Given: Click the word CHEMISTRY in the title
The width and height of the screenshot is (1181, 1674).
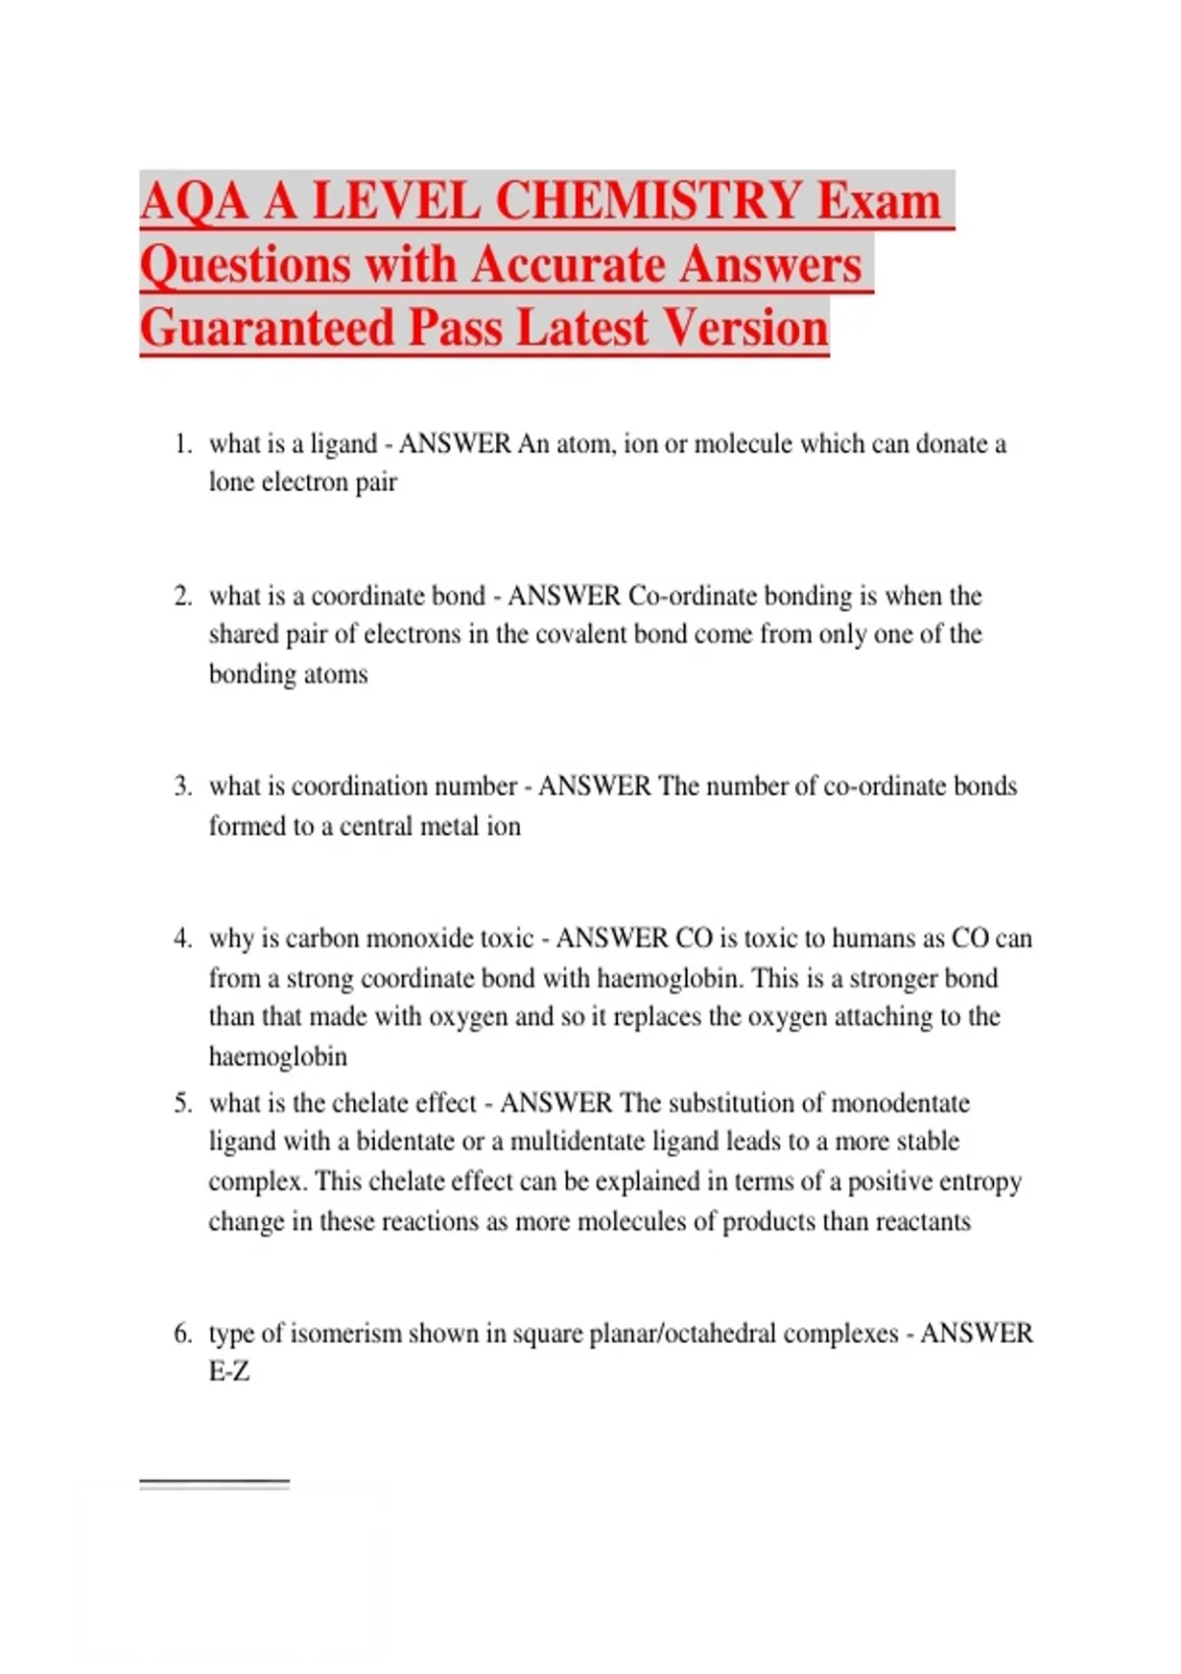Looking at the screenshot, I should tap(649, 201).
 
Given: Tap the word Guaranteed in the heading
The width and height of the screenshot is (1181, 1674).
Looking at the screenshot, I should tap(267, 328).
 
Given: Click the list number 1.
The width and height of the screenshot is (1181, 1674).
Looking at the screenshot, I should tap(182, 444).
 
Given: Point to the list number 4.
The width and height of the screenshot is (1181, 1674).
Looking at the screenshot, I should tap(182, 938).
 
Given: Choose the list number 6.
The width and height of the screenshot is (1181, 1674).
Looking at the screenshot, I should tap(182, 1333).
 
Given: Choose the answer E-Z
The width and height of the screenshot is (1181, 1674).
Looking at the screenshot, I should tap(228, 1372).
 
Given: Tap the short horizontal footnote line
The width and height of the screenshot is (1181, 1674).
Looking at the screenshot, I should tap(215, 1482).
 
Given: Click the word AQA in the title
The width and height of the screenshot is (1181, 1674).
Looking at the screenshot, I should tap(194, 201).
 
